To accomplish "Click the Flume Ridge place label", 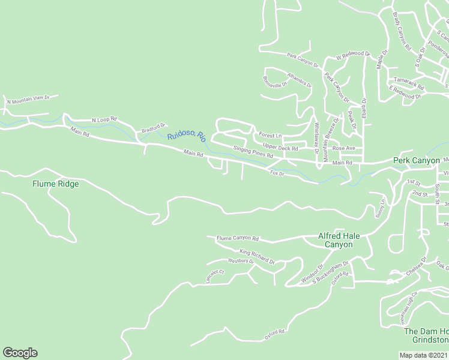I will coord(55,184).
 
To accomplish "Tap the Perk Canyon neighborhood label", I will coord(417,161).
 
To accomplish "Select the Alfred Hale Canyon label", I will coord(339,240).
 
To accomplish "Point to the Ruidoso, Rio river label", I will coord(187,136).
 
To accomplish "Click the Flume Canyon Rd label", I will coord(237,238).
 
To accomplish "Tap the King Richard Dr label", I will coord(257,256).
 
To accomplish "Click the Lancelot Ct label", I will coord(214,275).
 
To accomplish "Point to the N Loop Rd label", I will coord(104,120).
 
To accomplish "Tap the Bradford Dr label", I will coord(153,128).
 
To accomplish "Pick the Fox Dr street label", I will coord(277,173).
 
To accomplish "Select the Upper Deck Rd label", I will coord(280,147).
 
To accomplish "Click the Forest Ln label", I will coord(270,134).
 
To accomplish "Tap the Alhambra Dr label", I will coord(300,80).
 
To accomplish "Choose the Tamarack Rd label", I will coord(409,79).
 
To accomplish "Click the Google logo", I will coord(20,353).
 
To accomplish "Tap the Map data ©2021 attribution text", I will coord(424,355).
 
